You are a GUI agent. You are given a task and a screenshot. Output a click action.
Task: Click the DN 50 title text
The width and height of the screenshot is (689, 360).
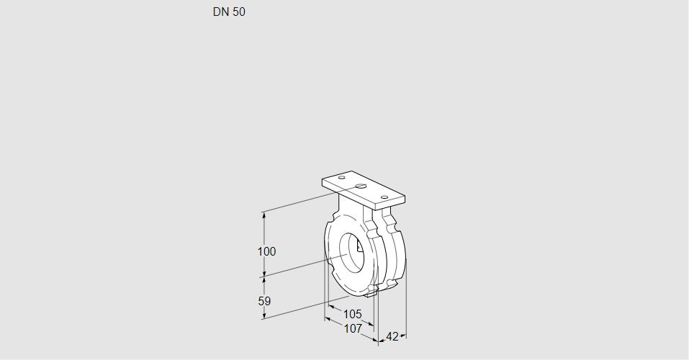[229, 12]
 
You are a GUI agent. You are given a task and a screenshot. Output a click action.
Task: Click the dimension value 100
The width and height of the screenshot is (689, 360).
[267, 252]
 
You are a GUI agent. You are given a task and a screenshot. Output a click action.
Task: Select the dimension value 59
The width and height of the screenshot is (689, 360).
[264, 301]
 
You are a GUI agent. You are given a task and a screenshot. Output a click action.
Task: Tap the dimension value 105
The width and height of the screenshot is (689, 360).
[352, 314]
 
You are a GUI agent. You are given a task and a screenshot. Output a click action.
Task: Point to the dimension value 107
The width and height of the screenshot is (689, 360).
[352, 328]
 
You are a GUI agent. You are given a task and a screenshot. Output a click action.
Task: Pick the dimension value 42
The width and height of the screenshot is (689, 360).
[392, 336]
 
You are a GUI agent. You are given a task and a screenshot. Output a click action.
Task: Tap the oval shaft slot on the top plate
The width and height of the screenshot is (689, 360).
[361, 187]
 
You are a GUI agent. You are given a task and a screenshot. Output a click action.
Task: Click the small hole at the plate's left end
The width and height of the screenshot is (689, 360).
[341, 177]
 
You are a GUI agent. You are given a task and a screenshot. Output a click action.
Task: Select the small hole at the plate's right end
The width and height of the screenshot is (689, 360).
[384, 197]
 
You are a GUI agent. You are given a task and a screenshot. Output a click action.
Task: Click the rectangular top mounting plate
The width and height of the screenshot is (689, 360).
[364, 189]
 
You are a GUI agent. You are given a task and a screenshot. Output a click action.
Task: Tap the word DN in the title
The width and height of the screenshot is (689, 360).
[220, 12]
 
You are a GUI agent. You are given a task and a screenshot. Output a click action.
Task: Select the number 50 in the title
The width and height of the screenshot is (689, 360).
[239, 12]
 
